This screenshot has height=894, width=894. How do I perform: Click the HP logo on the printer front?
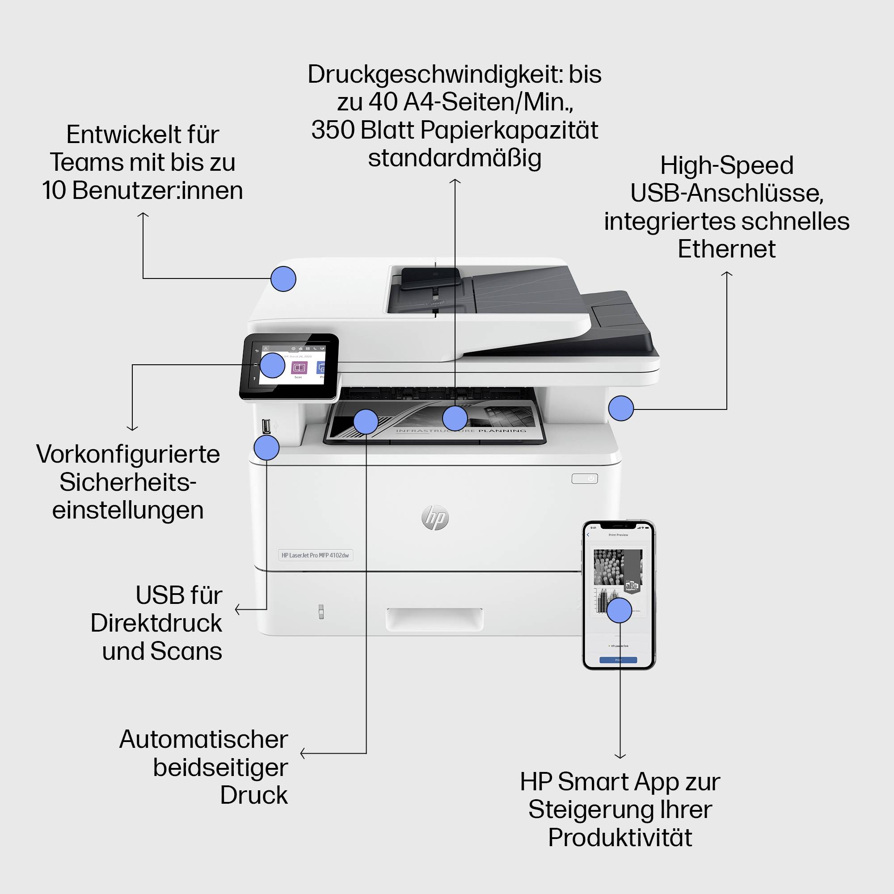(435, 517)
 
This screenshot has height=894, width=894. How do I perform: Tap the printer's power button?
(584, 478)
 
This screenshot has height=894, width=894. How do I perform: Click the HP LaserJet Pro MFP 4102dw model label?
(315, 555)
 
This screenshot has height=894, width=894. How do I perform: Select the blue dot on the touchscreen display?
(272, 365)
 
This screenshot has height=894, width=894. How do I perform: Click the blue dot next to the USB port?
(266, 447)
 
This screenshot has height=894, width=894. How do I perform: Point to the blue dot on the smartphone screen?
(619, 610)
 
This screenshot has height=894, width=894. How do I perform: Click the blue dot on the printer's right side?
(620, 408)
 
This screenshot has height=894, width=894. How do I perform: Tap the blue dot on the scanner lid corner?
(283, 278)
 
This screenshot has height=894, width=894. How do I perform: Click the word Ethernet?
(726, 249)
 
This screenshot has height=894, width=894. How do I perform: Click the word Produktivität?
(620, 838)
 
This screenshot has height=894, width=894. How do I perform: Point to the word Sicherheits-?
(128, 482)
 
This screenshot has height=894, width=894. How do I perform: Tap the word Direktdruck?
(156, 623)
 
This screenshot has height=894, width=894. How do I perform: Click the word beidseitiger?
(220, 767)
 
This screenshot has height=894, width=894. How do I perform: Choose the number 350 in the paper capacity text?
(333, 130)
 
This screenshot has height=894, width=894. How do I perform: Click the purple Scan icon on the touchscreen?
(299, 368)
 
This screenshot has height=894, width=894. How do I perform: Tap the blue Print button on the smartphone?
(618, 660)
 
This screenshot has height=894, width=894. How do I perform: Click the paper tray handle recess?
(434, 619)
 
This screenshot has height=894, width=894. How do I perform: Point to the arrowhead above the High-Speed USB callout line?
(726, 274)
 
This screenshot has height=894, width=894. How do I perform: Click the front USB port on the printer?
(266, 426)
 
